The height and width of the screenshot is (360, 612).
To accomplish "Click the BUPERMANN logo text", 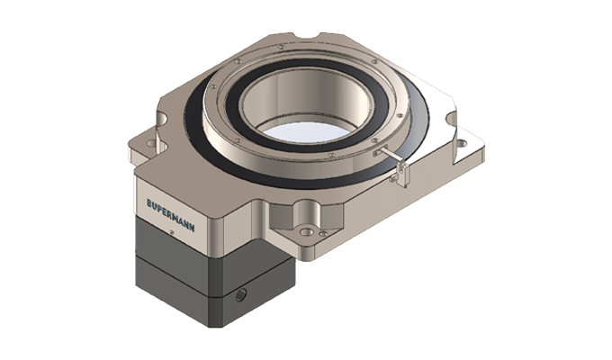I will pyautogui.click(x=178, y=204).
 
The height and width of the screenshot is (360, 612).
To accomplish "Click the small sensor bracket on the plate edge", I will pyautogui.click(x=396, y=171).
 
